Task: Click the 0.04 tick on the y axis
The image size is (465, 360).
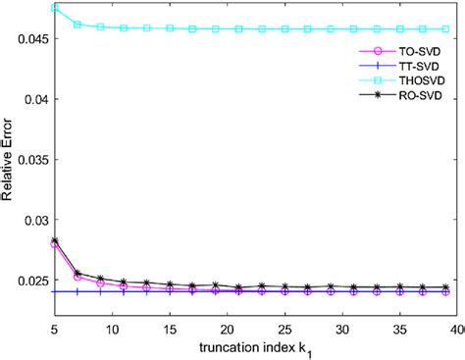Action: coord(29,98)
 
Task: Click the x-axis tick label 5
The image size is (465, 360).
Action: coord(55,321)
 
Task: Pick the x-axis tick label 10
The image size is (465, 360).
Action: coord(111,321)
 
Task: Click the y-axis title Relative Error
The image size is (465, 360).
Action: coord(9,158)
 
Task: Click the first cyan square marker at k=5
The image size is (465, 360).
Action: coord(55,7)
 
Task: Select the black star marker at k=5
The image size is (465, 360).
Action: coord(55,240)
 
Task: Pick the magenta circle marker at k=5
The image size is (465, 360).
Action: coord(55,243)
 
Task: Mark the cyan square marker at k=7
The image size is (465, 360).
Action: coord(77,24)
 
